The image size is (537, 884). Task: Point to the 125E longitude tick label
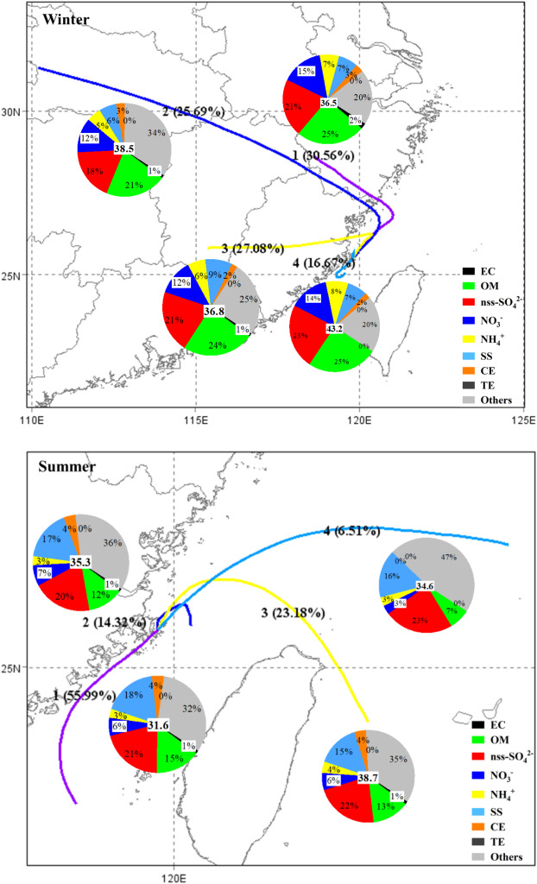coord(523,422)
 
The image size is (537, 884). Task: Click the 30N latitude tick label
coord(16,111)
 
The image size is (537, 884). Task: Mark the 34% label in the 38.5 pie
coord(156,132)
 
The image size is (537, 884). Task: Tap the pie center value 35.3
coord(83,560)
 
